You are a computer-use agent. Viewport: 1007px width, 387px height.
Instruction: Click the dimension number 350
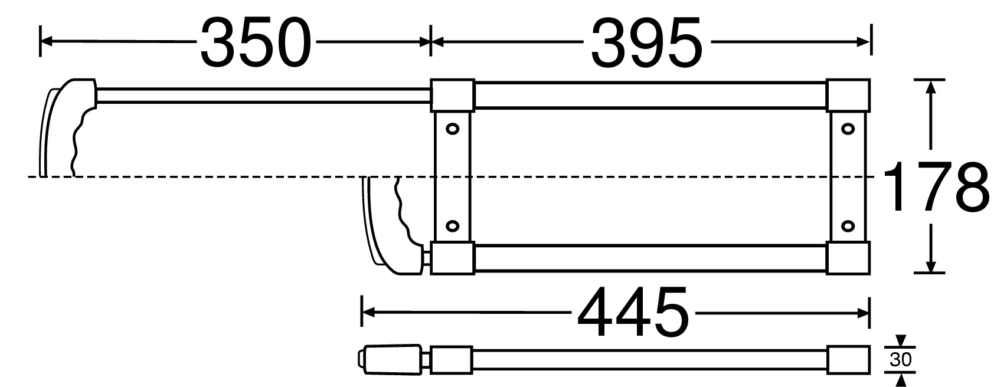pos(256,42)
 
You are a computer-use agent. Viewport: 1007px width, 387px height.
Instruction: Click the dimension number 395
pos(646,42)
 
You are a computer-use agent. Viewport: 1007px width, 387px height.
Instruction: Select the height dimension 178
pos(936,186)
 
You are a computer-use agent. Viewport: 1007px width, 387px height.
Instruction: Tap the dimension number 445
pos(633,312)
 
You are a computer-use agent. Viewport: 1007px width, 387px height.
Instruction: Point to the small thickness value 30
pos(900,360)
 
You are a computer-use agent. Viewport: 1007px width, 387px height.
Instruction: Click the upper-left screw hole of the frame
pos(452,129)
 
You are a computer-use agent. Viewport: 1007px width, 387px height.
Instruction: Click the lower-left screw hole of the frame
pos(452,225)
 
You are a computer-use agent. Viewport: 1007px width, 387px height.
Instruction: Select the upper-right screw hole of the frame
pos(848,129)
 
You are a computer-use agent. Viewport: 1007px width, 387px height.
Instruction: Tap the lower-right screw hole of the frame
pos(848,225)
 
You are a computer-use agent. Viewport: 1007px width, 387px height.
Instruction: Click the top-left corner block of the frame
pos(453,96)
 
